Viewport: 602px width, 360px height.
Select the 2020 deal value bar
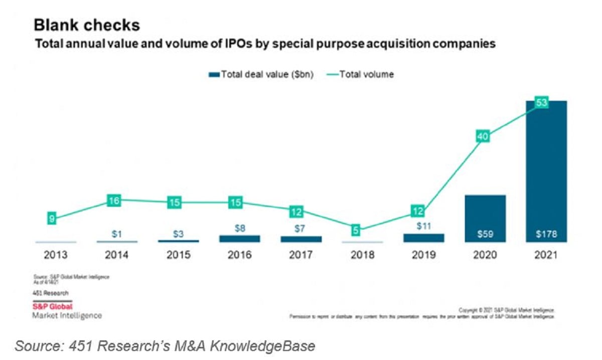point(485,219)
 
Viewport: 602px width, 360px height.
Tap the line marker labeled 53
point(542,103)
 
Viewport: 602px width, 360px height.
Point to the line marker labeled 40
point(483,136)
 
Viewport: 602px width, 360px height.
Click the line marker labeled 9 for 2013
point(52,219)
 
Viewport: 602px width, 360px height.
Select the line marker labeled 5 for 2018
point(355,231)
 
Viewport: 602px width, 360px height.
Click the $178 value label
point(546,234)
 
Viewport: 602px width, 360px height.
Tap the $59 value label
point(485,234)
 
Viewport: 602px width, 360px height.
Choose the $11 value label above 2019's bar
point(424,226)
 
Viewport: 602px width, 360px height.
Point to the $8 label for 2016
point(240,228)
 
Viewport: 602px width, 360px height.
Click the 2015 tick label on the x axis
point(178,255)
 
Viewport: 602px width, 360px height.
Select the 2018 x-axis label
point(362,255)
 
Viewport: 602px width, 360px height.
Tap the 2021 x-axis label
point(546,255)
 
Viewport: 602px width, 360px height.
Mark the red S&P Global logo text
point(52,306)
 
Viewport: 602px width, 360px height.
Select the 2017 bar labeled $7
point(301,239)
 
